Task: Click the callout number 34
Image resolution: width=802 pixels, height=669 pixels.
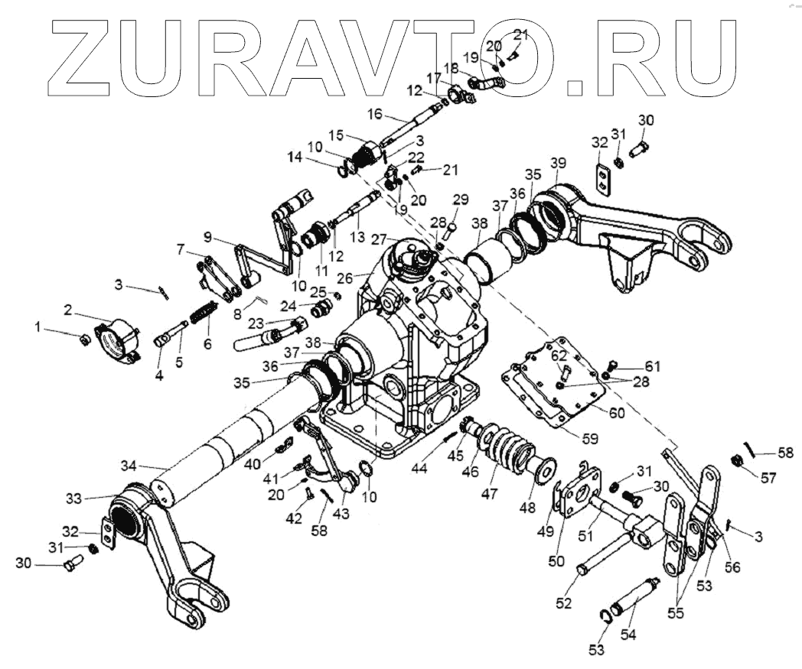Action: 129,466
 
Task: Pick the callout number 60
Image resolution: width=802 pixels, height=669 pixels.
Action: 617,413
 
